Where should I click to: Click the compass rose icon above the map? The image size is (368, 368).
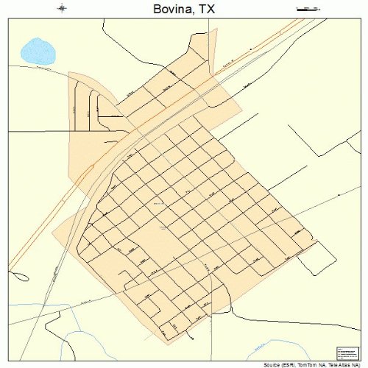pyautogui.click(x=62, y=9)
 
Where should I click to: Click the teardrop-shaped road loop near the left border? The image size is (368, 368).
pyautogui.click(x=21, y=277)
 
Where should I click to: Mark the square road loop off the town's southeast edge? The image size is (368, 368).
pyautogui.click(x=321, y=256)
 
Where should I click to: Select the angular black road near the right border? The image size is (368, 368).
pyautogui.click(x=309, y=140)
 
